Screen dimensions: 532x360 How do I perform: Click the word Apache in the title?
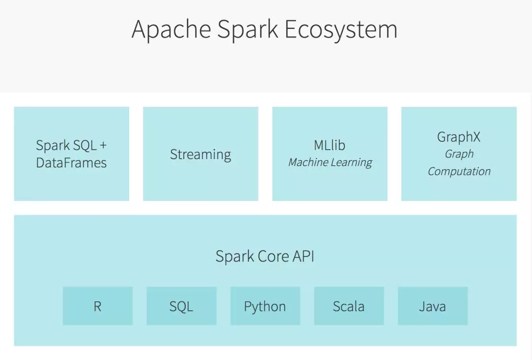pyautogui.click(x=171, y=30)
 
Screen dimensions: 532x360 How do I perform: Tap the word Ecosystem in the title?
pyautogui.click(x=341, y=30)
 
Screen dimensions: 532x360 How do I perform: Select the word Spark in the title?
pyautogui.click(x=248, y=30)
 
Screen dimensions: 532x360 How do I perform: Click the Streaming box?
pyautogui.click(x=200, y=154)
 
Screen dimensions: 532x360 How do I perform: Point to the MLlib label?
pyautogui.click(x=330, y=145)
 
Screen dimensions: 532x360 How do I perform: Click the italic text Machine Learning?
pyautogui.click(x=330, y=163)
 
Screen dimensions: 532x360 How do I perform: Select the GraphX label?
pyautogui.click(x=459, y=137)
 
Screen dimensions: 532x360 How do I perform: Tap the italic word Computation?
pyautogui.click(x=459, y=171)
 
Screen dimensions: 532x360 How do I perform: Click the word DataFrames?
pyautogui.click(x=71, y=163)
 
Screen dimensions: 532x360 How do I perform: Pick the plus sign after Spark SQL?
pyautogui.click(x=103, y=146)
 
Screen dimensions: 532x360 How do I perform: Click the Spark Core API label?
pyautogui.click(x=265, y=256)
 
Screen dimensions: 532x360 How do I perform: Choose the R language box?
pyautogui.click(x=98, y=306)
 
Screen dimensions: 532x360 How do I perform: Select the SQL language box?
pyautogui.click(x=181, y=306)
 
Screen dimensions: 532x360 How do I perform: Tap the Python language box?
pyautogui.click(x=266, y=306)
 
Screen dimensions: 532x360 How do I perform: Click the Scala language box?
pyautogui.click(x=349, y=306)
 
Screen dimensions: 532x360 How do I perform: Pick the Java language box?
pyautogui.click(x=433, y=306)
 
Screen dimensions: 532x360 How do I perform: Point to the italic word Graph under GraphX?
pyautogui.click(x=459, y=154)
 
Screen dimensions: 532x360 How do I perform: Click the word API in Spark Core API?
pyautogui.click(x=303, y=256)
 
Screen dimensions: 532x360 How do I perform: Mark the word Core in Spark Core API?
pyautogui.click(x=273, y=256)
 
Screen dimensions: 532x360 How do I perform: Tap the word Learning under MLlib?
pyautogui.click(x=352, y=163)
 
